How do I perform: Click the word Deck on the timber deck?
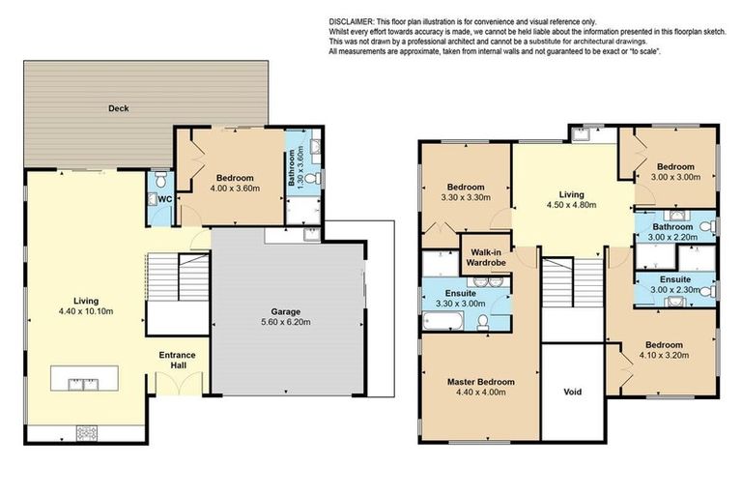119,109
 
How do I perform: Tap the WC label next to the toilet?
164,200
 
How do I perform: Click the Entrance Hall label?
177,361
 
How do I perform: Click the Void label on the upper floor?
573,393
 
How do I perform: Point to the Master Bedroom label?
480,383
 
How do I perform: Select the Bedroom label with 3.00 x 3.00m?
674,165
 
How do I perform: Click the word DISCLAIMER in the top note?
357,20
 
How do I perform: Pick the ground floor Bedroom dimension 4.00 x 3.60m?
235,189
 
